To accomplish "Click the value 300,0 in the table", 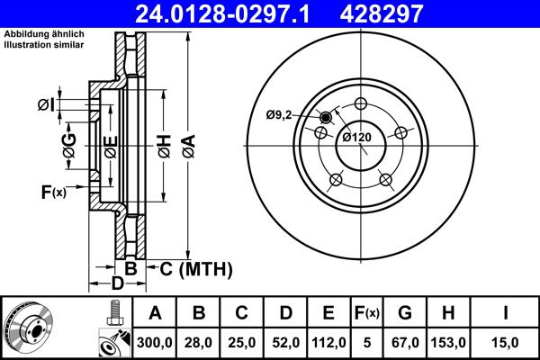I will coord(155,342).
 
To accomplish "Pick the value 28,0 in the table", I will coord(199,342).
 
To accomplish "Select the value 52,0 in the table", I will coord(285,342).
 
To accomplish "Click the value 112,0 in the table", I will coord(328,342).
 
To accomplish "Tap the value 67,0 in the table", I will coord(405,342).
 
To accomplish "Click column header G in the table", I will coord(405,313).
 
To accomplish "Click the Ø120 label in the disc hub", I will coord(357,138).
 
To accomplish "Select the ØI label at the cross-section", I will coord(47,105).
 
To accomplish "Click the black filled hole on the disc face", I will coord(326,117).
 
